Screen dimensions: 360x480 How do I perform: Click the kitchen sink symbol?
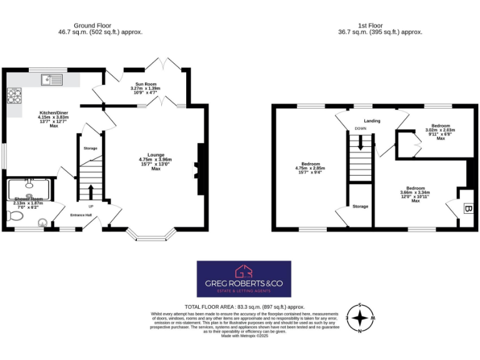tap(52, 79)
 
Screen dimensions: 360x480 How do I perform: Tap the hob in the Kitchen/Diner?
tap(14, 95)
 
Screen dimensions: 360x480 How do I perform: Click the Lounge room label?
tap(156, 154)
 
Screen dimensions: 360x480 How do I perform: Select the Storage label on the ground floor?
tap(90, 148)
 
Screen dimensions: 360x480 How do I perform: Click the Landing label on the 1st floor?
tap(372, 121)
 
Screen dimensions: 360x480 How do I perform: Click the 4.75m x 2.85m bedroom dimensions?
tap(310, 168)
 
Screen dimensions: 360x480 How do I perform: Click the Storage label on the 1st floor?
tap(360, 206)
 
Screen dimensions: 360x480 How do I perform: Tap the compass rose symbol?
tap(360, 318)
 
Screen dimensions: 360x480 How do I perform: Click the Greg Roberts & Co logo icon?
tap(244, 271)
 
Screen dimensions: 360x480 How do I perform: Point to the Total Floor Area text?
tap(244, 307)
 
